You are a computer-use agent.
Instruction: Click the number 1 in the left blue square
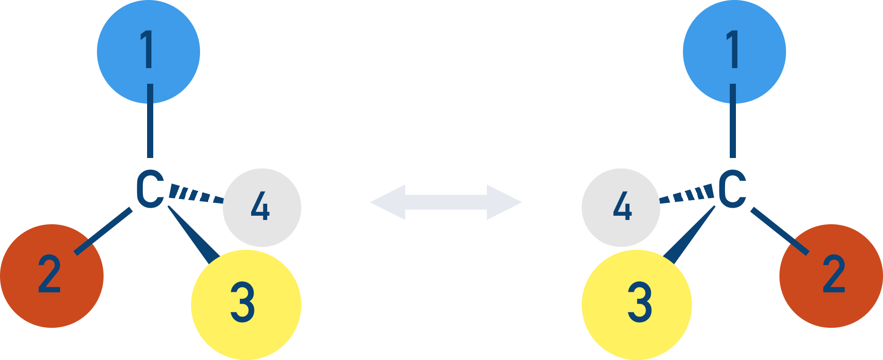[148, 49]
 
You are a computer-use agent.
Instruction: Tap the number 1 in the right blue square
[733, 49]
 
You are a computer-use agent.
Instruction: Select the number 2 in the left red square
[49, 273]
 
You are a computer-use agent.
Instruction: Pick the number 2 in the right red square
[834, 273]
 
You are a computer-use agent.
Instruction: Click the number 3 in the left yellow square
[243, 302]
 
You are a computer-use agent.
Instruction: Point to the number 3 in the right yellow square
[639, 302]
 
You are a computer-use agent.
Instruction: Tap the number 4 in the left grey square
[260, 206]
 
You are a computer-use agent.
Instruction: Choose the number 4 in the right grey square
[622, 206]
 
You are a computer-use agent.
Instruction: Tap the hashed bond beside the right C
[688, 194]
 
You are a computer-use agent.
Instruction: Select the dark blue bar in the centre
[445, 202]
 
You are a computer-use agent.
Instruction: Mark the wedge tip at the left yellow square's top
[210, 256]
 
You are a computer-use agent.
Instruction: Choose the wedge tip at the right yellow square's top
[673, 256]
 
